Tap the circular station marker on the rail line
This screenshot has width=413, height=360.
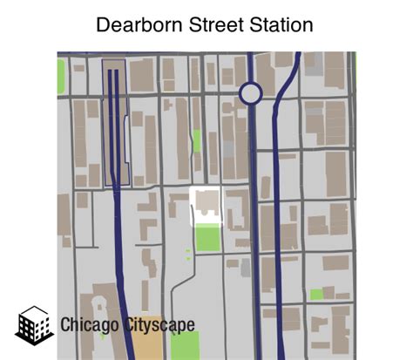[x=251, y=93]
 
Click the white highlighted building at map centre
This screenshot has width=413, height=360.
[x=206, y=207]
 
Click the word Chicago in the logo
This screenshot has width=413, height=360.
[x=90, y=325]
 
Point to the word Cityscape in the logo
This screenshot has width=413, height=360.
[x=159, y=325]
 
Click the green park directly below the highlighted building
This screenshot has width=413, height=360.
[x=207, y=238]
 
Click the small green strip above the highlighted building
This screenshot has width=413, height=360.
[x=197, y=140]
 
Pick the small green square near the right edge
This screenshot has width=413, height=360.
[x=316, y=294]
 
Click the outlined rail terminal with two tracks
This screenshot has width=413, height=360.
[x=115, y=122]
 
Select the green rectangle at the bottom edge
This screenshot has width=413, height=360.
[x=184, y=345]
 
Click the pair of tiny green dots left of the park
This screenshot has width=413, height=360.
[x=187, y=254]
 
